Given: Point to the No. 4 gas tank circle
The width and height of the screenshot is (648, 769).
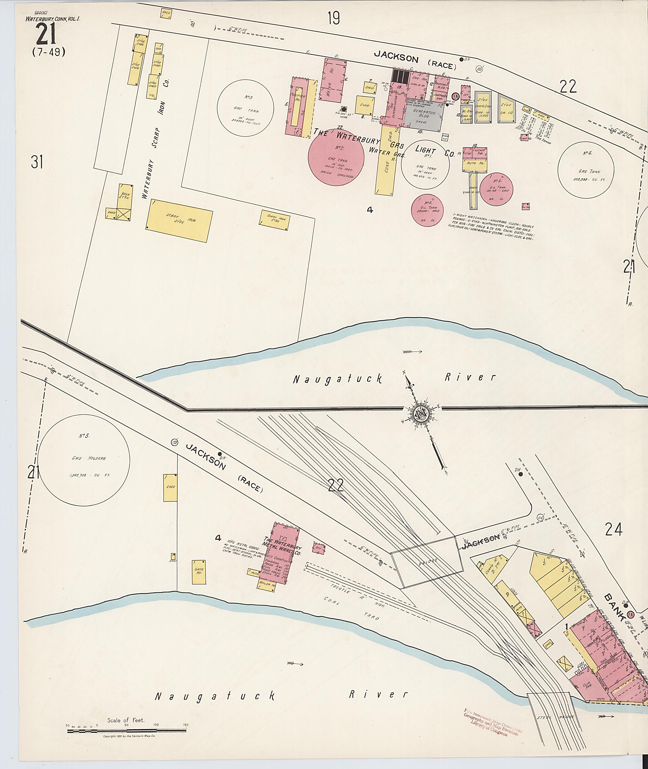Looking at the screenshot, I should coord(586,169).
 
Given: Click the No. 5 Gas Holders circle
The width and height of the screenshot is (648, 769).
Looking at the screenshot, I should coord(84,461).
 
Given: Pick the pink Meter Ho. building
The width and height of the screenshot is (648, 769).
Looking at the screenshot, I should coord(334,82).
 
